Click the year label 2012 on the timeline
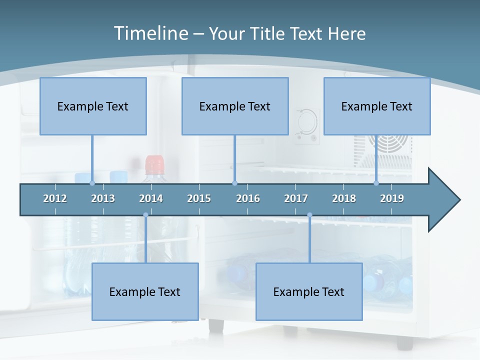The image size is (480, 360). coord(55,198)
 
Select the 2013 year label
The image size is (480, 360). coord(103,198)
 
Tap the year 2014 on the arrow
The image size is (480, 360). coord(151,198)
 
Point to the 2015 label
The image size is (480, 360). coord(199,198)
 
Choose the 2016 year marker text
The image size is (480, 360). coord(248,198)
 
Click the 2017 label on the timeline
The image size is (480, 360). coord(296,198)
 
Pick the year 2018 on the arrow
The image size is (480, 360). coord(344,198)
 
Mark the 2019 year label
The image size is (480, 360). coord(392,198)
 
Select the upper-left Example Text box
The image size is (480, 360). coord(93,106)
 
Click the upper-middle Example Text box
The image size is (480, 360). coord(235,106)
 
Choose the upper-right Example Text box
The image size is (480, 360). coord(377,106)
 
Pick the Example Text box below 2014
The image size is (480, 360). coord(145,291)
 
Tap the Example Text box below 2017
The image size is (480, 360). coord(309,291)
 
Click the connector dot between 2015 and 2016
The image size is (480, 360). coord(235,183)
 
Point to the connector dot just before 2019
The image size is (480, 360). coord(376,183)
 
